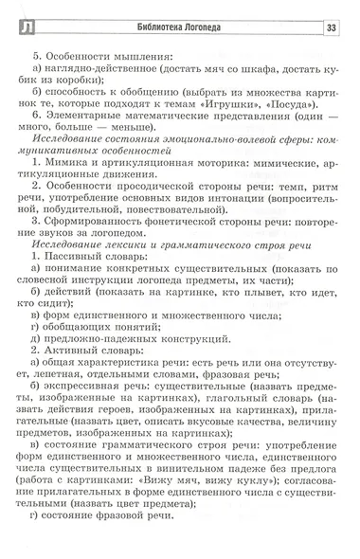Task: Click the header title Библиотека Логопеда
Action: (176, 26)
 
